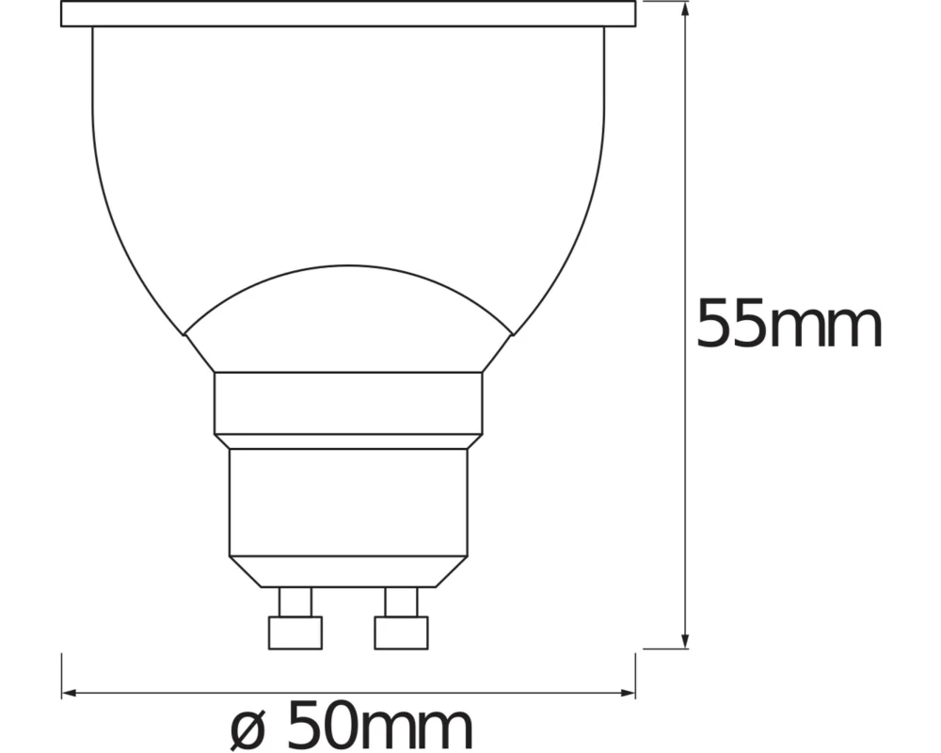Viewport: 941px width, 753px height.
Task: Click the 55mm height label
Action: (x=789, y=325)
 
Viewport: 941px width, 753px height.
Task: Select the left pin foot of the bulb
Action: (x=295, y=632)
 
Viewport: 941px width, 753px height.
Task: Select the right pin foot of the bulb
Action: (x=401, y=632)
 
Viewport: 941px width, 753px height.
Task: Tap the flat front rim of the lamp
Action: (x=348, y=13)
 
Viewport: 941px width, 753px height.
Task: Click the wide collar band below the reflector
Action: (x=348, y=403)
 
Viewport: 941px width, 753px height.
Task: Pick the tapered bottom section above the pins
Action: (x=348, y=570)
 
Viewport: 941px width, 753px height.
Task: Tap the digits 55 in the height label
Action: (x=732, y=325)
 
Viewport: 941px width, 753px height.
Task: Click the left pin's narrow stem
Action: (x=295, y=601)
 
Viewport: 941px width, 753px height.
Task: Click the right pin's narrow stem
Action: (x=401, y=601)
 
